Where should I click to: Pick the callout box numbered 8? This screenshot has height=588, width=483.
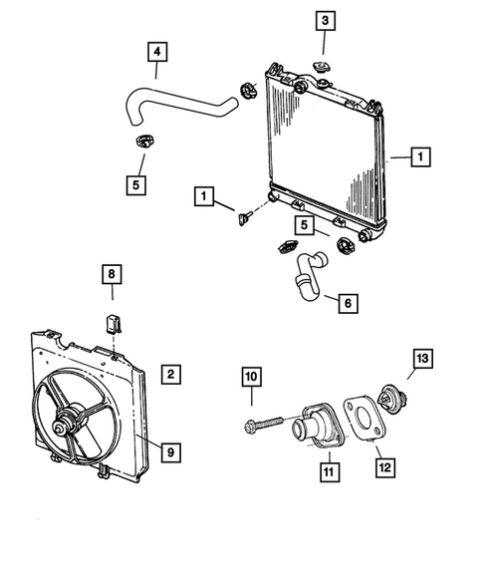tap(113, 274)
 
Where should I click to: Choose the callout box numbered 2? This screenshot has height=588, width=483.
tap(170, 375)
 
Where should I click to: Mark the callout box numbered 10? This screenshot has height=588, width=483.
tap(251, 377)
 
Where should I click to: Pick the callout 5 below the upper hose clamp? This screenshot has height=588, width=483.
tap(135, 183)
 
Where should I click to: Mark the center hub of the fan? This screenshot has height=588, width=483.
tap(68, 426)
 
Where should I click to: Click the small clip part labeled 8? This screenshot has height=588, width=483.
tap(113, 321)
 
